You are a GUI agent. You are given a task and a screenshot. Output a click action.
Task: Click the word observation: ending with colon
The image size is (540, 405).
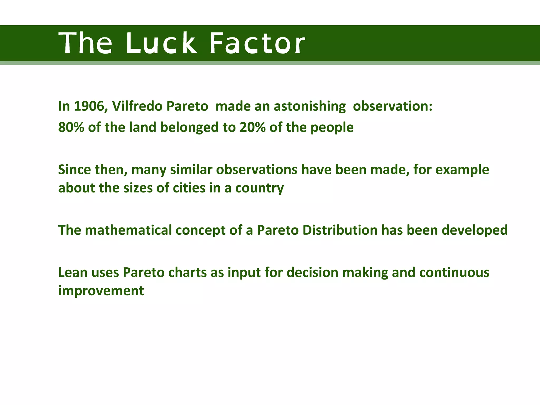(393, 106)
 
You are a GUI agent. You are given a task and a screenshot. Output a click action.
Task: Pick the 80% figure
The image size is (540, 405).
(71, 127)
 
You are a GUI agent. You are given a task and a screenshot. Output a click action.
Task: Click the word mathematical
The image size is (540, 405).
(128, 230)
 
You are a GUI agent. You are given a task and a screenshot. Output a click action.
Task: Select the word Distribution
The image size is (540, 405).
(340, 230)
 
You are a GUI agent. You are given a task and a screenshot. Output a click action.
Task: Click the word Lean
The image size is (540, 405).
(73, 272)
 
